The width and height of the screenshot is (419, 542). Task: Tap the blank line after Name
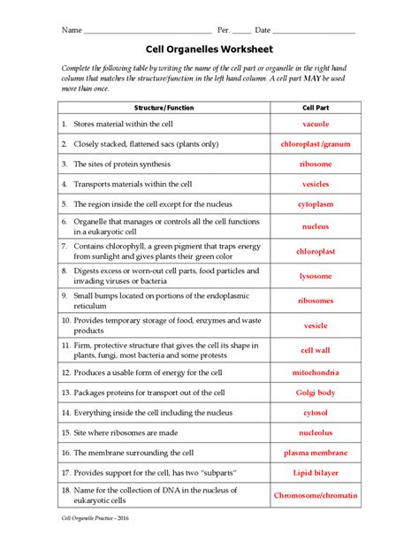coord(147,32)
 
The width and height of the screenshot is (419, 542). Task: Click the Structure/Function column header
coord(164,108)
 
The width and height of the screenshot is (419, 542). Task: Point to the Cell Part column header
coord(316,108)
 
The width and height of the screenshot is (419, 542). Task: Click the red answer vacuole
coord(316,125)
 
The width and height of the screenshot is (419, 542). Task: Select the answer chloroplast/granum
coord(316,144)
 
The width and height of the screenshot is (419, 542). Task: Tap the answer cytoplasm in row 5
coord(316,204)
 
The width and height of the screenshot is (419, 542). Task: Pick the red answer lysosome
coord(316,276)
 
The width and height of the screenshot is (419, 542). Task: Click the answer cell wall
coord(316,349)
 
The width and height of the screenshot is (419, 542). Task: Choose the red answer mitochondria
coord(316,371)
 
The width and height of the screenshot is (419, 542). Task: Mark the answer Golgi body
coord(316,392)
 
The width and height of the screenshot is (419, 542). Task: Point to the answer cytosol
coord(316,412)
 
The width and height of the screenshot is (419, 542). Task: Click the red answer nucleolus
coord(316,433)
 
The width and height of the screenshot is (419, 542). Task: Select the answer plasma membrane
coord(316,454)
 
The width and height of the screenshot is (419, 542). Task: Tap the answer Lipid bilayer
coord(316,475)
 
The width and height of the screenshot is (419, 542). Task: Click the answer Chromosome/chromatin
coord(316,497)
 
